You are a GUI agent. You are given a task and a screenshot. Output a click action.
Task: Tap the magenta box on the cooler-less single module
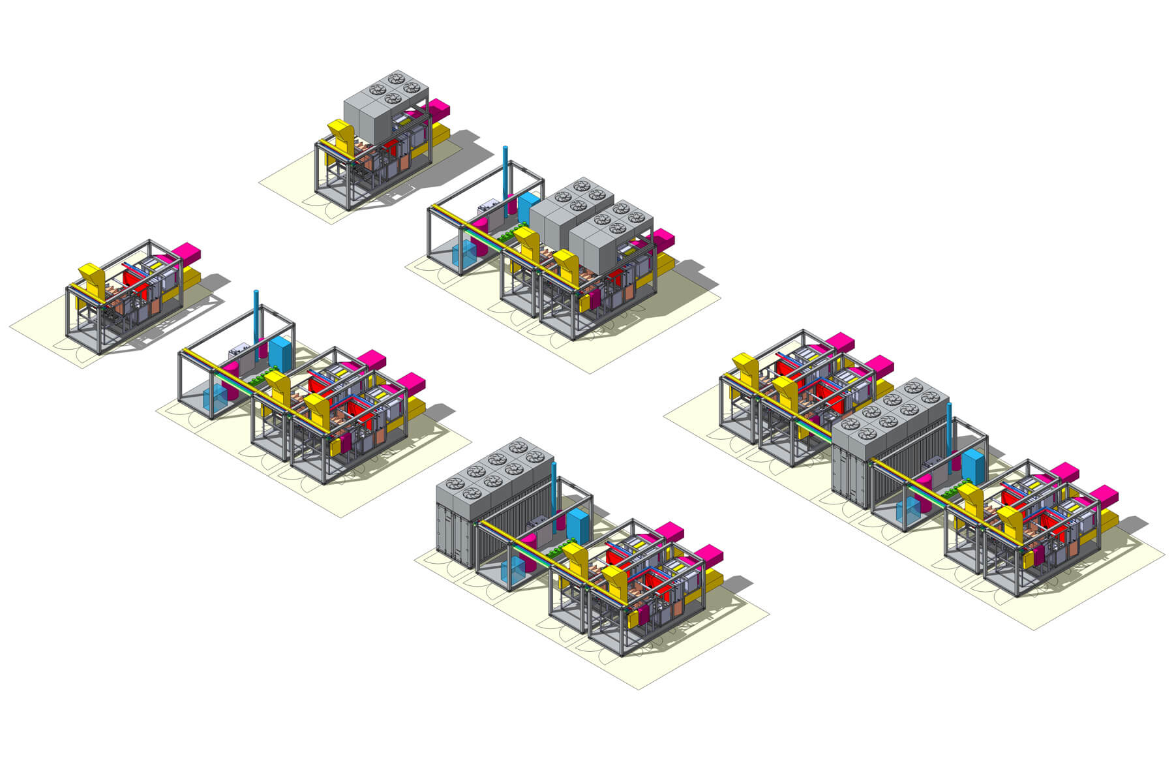pos(187,251)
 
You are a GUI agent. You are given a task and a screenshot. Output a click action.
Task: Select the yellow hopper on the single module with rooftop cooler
pos(341,134)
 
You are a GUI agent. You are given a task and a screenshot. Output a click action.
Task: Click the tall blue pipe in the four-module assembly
pos(950,427)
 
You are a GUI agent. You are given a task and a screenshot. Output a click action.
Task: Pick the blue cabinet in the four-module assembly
pos(973,466)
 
